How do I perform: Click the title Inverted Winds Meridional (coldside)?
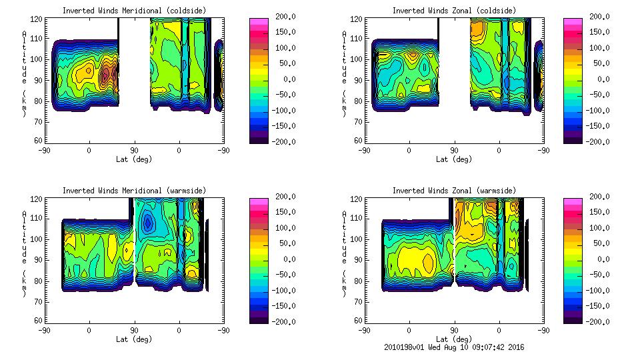[135, 11]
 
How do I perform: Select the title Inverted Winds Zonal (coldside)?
[454, 11]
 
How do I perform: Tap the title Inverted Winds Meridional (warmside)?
[135, 191]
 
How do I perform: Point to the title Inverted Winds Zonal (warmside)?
[454, 191]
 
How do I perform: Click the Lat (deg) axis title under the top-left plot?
[134, 159]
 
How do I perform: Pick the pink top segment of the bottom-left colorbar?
[259, 201]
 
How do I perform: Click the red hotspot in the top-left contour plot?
[105, 75]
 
